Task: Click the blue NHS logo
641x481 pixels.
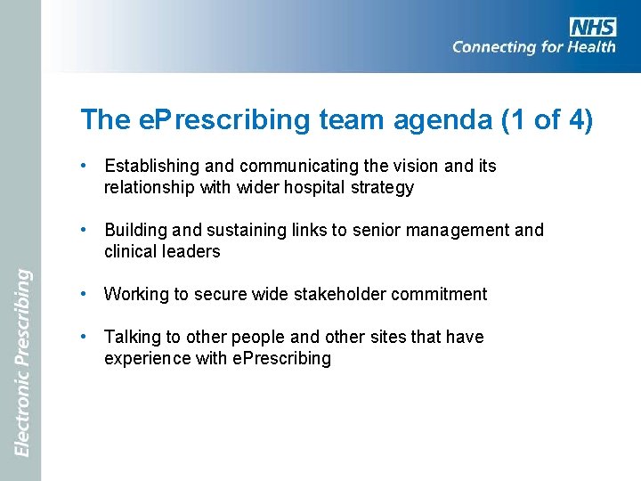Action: [x=593, y=27]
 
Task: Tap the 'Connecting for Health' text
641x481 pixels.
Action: [x=533, y=47]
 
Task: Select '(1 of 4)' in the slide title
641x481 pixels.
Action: [x=547, y=120]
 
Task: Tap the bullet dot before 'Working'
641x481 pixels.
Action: [x=82, y=294]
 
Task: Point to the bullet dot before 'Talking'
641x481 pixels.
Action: [x=82, y=337]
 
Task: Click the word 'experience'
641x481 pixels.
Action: [x=146, y=359]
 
